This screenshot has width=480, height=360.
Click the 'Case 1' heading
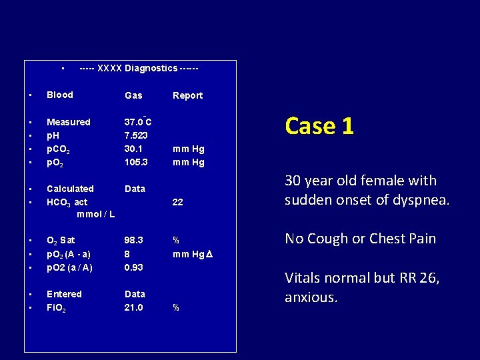319,125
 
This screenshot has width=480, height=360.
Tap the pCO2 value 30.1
133,149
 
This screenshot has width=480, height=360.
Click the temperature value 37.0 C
138,122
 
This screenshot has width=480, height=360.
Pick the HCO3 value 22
178,202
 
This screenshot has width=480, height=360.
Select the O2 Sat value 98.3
133,240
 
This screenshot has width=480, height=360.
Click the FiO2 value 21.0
133,307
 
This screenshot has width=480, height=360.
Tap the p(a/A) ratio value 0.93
133,267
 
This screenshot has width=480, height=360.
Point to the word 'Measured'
68,122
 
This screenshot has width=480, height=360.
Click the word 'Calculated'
70,189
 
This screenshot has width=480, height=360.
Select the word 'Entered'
64,294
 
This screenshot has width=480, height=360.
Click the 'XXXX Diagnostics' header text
138,68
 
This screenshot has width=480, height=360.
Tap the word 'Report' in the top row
187,95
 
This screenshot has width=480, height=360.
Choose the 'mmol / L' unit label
95,214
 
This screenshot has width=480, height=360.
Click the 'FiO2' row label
57,307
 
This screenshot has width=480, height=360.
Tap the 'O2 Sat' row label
61,240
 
